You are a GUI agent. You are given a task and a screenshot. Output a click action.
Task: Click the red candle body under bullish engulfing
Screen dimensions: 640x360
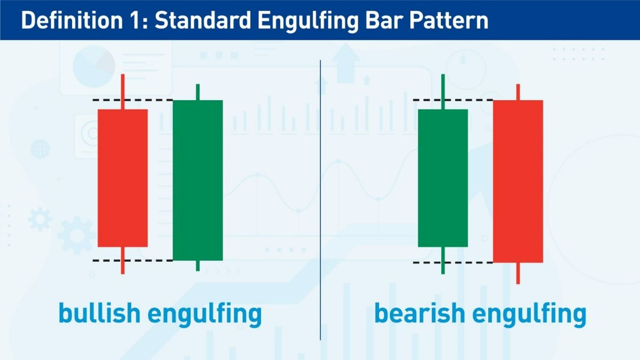click(122, 178)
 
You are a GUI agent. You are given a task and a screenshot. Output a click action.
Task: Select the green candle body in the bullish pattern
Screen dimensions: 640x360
click(198, 180)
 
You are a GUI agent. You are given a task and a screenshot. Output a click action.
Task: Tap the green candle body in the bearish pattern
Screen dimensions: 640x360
click(443, 178)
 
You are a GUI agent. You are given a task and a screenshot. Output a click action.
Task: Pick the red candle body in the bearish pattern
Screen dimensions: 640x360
click(518, 181)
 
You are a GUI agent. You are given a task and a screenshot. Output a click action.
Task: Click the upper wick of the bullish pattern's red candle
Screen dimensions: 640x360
click(122, 92)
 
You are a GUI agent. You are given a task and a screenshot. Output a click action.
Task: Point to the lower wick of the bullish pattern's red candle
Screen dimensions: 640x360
click(122, 261)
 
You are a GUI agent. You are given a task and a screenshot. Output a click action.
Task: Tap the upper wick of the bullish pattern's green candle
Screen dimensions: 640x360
click(198, 92)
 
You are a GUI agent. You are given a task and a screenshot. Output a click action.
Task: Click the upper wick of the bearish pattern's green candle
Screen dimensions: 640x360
click(443, 92)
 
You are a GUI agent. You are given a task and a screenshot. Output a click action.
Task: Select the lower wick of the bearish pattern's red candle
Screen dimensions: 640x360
click(518, 273)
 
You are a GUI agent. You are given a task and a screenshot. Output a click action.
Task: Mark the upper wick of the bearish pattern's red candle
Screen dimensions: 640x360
click(518, 92)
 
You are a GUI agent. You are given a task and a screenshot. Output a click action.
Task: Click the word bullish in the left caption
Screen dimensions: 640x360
click(99, 313)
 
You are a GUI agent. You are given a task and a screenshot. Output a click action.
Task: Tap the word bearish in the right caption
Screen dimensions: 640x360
click(420, 313)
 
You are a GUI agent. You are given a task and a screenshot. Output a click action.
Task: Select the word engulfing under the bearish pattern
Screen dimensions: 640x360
click(529, 315)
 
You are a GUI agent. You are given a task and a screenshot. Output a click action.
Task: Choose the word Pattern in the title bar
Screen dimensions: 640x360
click(448, 21)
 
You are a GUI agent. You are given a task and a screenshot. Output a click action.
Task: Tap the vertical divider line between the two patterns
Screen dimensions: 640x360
click(320, 200)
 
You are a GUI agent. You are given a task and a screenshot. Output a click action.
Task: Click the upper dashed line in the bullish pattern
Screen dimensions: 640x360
click(133, 100)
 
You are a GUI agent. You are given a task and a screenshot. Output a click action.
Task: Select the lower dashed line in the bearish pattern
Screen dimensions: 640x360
click(453, 262)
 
